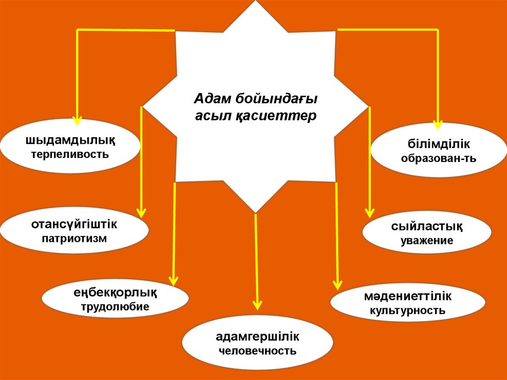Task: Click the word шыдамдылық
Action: [x=70, y=141]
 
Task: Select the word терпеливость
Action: [x=70, y=154]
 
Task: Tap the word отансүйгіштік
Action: [x=74, y=224]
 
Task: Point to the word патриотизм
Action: [x=74, y=238]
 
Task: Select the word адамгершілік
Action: [x=257, y=337]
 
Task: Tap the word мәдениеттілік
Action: [x=408, y=297]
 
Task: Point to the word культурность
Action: [x=408, y=311]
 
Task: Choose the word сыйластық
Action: [x=427, y=227]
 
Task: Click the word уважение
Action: [x=427, y=241]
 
